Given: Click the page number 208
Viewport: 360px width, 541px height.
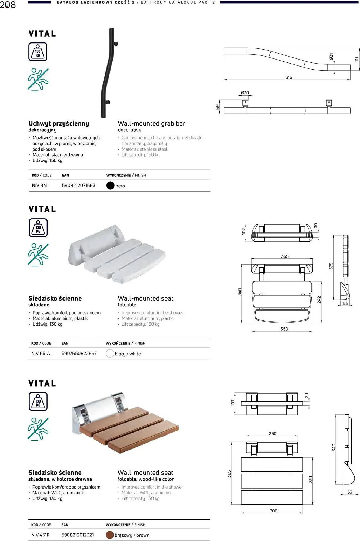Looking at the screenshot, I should click(x=8, y=5).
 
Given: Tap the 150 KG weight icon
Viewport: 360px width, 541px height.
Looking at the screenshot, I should click(x=38, y=52).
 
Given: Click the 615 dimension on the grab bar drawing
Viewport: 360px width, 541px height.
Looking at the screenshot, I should click(x=289, y=77).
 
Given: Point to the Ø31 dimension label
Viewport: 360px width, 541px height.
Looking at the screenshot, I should click(x=331, y=57).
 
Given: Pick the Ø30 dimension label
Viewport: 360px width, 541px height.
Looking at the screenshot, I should click(x=245, y=93).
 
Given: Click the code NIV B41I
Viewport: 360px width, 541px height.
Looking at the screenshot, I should click(x=40, y=186).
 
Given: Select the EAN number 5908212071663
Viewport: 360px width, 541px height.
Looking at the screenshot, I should click(x=79, y=186).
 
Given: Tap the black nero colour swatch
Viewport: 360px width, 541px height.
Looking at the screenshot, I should click(x=110, y=186).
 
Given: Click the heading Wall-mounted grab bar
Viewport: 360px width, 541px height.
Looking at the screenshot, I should click(x=151, y=124).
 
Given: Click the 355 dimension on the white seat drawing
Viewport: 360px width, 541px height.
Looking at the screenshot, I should click(x=285, y=256).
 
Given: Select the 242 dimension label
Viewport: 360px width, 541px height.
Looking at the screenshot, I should click(x=319, y=299).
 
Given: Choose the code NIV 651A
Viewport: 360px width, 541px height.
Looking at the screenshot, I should click(x=41, y=354).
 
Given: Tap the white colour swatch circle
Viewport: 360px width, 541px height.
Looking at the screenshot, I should click(x=110, y=354).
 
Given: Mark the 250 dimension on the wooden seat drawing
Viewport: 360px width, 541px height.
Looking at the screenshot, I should click(x=272, y=434).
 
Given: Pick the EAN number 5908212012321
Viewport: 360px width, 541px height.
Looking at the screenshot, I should click(x=78, y=535).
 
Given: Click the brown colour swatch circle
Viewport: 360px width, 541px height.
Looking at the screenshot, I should click(x=109, y=535).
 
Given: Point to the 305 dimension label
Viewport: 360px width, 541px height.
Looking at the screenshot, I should click(x=229, y=474).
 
